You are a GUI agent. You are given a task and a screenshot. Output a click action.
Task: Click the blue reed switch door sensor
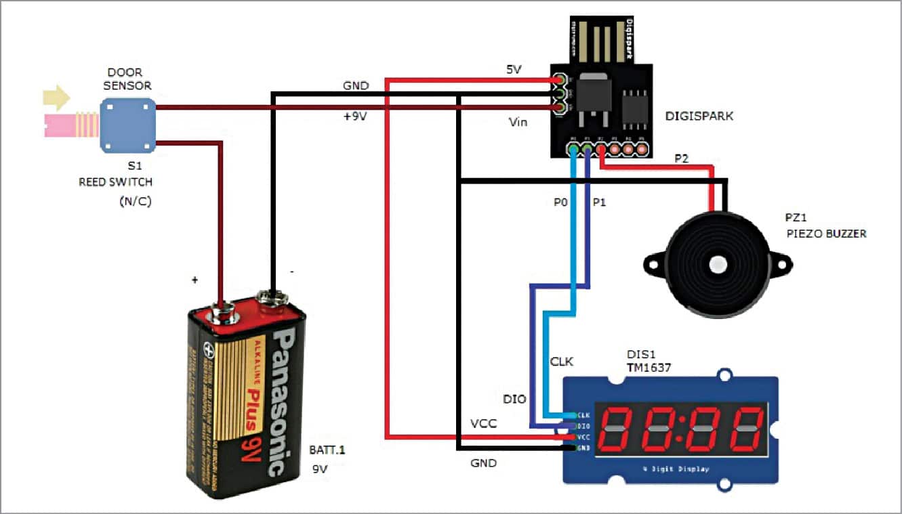pos(127,125)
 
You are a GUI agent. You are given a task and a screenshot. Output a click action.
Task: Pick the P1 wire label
pos(601,202)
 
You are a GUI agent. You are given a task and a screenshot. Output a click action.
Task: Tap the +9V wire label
pos(356,116)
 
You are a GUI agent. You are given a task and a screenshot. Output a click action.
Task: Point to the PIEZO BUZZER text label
pos(827,234)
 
